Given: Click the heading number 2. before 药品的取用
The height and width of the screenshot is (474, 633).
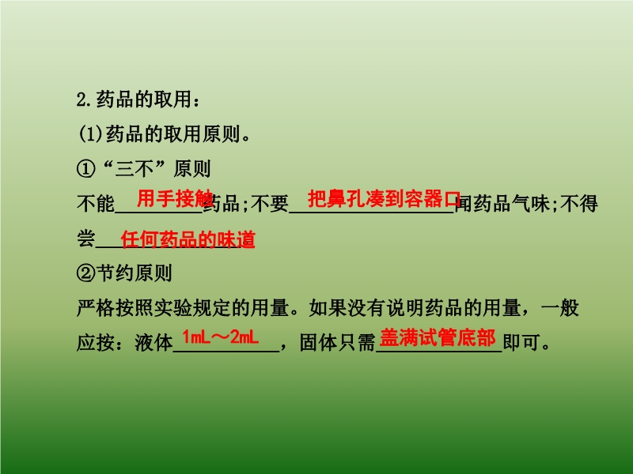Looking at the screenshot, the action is pos(85,100).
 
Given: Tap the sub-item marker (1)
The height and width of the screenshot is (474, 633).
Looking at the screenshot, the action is pos(91,134).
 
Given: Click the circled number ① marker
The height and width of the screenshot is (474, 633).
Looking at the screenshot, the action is pos(86,169).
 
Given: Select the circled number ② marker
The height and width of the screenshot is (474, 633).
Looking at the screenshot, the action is pos(86,273).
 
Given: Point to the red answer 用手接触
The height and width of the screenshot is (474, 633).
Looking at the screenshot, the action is pos(175,198).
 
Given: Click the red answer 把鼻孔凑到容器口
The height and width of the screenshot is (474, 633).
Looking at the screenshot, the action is pos(385,198).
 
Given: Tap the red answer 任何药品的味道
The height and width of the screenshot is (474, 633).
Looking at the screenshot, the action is pos(188,239).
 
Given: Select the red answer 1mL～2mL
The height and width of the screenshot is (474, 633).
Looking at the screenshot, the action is pos(221,337).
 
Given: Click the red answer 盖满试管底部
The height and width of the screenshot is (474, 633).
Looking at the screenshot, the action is pos(438,337).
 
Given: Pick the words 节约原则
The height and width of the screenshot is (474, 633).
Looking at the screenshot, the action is pos(135,273).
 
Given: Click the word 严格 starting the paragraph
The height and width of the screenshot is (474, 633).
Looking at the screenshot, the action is pos(96,308).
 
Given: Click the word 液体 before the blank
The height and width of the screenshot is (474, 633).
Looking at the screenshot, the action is pos(154,343).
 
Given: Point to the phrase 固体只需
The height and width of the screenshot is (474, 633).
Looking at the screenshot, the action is pos(338,343).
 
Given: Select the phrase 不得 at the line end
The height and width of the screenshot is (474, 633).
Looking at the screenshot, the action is pos(579,204).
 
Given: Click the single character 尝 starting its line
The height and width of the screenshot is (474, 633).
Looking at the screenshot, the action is pos(86,239).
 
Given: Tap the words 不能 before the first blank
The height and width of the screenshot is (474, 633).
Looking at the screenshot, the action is pos(96,204).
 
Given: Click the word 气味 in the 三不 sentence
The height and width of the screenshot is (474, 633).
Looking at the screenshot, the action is pos(530,204).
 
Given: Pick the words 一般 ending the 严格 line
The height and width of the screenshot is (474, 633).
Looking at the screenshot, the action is pos(559,308).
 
